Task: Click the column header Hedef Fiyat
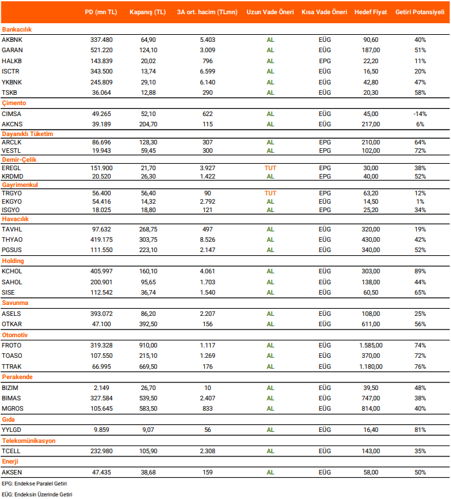[x=371, y=12]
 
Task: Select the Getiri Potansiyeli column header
[x=420, y=12]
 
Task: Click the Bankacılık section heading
[x=17, y=30]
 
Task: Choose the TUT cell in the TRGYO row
[x=271, y=192]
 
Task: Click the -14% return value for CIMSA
[x=420, y=113]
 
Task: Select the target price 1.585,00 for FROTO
[x=371, y=346]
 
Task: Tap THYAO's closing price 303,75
[x=148, y=240]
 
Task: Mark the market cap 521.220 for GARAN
[x=102, y=50]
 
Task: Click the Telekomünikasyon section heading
[x=28, y=441]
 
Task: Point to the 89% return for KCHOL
[x=420, y=272]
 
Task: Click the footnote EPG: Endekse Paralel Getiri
[x=35, y=483]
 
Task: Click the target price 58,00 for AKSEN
[x=371, y=472]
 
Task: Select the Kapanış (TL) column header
[x=148, y=12]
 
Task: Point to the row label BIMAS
[x=11, y=398]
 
